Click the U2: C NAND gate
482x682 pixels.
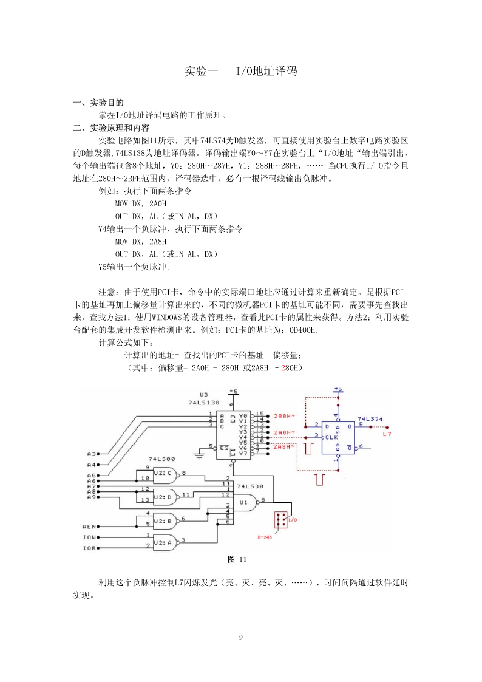click(165, 473)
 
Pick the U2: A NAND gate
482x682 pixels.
click(165, 542)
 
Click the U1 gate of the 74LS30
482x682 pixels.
click(246, 502)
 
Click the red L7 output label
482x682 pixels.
click(387, 434)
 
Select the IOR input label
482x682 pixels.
click(89, 548)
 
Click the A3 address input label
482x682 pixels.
click(91, 454)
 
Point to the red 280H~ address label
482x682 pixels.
click(284, 416)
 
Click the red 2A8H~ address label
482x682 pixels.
click(284, 447)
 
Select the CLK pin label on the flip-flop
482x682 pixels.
click(331, 437)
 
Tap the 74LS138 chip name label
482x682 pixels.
click(204, 403)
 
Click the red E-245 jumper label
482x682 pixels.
click(265, 537)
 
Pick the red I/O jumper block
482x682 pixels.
click(281, 520)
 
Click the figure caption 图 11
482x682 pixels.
click(237, 559)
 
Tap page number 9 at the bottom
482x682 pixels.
click(241, 638)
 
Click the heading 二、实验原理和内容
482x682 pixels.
click(111, 128)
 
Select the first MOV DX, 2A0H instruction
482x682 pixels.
click(141, 203)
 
